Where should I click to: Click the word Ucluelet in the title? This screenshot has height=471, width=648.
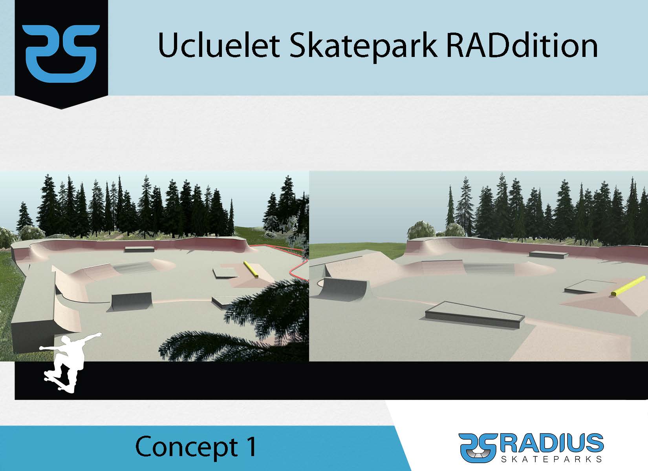click(219, 46)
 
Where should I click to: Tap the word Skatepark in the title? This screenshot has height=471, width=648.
click(363, 47)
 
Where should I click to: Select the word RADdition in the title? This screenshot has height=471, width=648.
click(522, 46)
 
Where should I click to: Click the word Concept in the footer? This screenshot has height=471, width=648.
click(186, 447)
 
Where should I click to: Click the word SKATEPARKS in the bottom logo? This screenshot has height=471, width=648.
click(551, 458)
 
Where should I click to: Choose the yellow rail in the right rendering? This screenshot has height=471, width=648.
click(628, 286)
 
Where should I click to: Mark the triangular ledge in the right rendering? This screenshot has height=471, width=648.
click(474, 315)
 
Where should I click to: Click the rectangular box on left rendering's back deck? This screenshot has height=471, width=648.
click(139, 249)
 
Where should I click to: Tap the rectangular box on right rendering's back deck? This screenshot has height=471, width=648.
click(549, 254)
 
